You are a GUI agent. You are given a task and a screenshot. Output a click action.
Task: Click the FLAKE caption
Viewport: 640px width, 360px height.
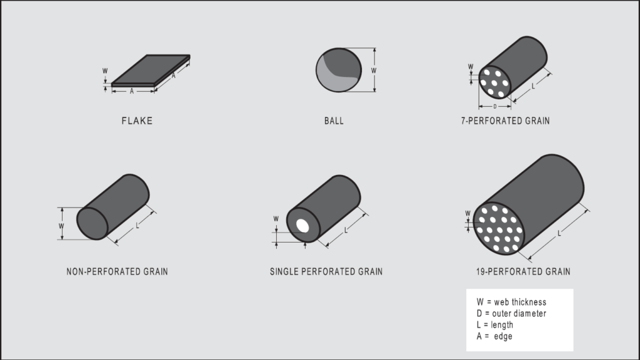(x=137, y=121)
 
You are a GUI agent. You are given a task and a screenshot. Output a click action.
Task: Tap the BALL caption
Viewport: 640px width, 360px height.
(x=333, y=121)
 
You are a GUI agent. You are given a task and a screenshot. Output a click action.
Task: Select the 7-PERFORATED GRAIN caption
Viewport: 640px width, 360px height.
(x=505, y=121)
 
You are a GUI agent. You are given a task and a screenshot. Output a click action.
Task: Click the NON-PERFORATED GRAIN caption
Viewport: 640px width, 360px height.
(x=117, y=272)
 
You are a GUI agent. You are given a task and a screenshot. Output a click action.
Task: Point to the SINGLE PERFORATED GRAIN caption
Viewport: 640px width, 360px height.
(x=326, y=272)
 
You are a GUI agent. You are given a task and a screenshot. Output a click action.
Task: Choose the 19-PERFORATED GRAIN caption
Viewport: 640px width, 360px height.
(x=522, y=272)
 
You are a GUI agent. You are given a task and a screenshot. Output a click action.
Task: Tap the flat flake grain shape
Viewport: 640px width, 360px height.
(x=151, y=69)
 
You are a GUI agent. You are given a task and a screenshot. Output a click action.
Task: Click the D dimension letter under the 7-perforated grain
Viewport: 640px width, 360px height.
(x=494, y=107)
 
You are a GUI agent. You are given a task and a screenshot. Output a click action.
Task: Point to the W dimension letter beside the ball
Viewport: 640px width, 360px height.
(x=374, y=70)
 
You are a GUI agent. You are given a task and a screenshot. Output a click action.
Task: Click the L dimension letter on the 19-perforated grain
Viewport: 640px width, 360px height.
(x=559, y=233)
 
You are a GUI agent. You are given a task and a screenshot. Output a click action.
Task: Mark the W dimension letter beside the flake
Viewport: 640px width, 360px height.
(x=104, y=70)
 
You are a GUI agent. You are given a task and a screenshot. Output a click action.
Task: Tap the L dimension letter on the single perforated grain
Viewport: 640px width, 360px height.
(x=346, y=231)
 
